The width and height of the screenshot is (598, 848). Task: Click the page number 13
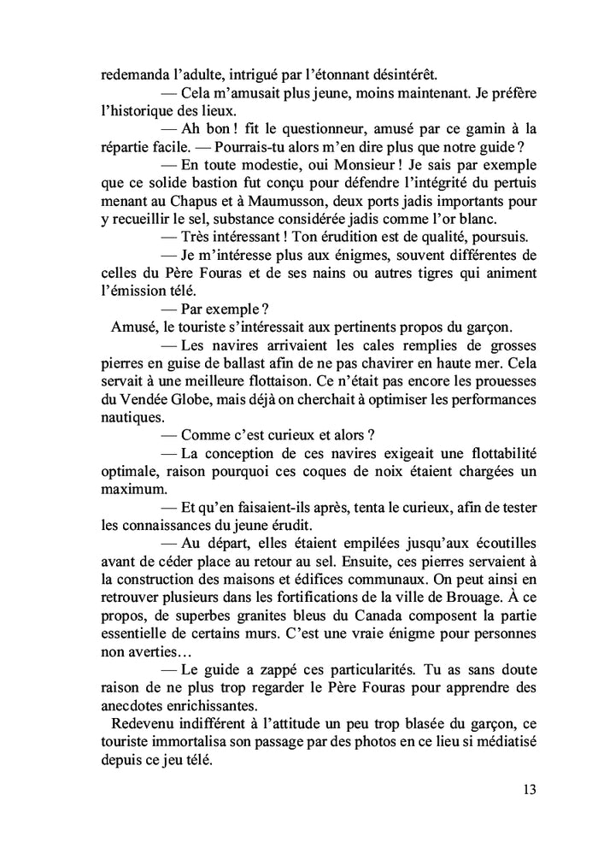pyautogui.click(x=528, y=790)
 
